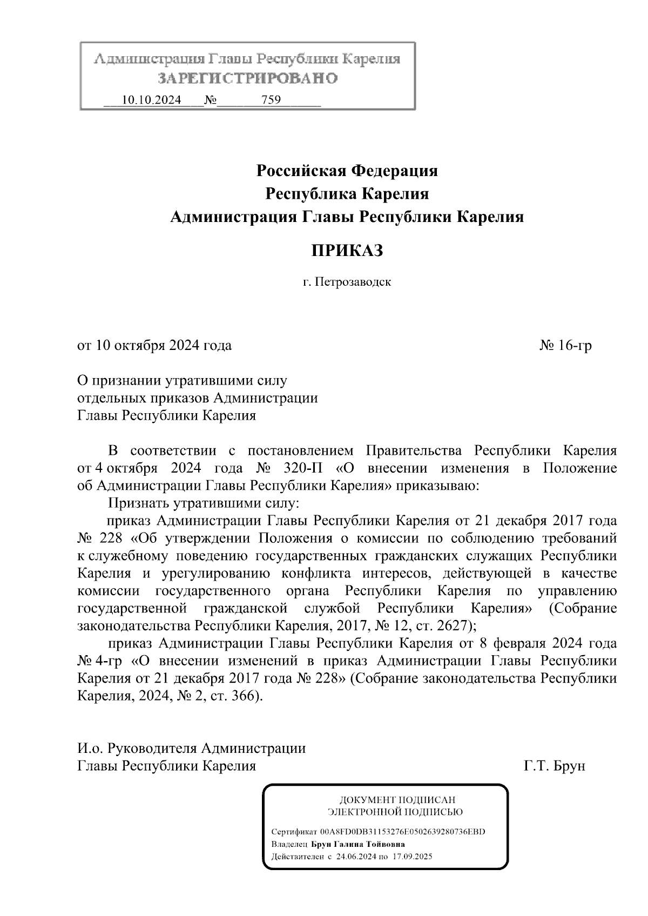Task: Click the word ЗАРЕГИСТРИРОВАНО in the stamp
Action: point(248,78)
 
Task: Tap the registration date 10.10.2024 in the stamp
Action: point(151,100)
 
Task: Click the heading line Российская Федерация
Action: point(347,171)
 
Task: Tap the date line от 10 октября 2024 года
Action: point(155,345)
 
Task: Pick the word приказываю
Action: point(437,486)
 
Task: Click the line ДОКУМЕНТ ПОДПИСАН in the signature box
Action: point(397,799)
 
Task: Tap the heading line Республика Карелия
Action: point(347,194)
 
